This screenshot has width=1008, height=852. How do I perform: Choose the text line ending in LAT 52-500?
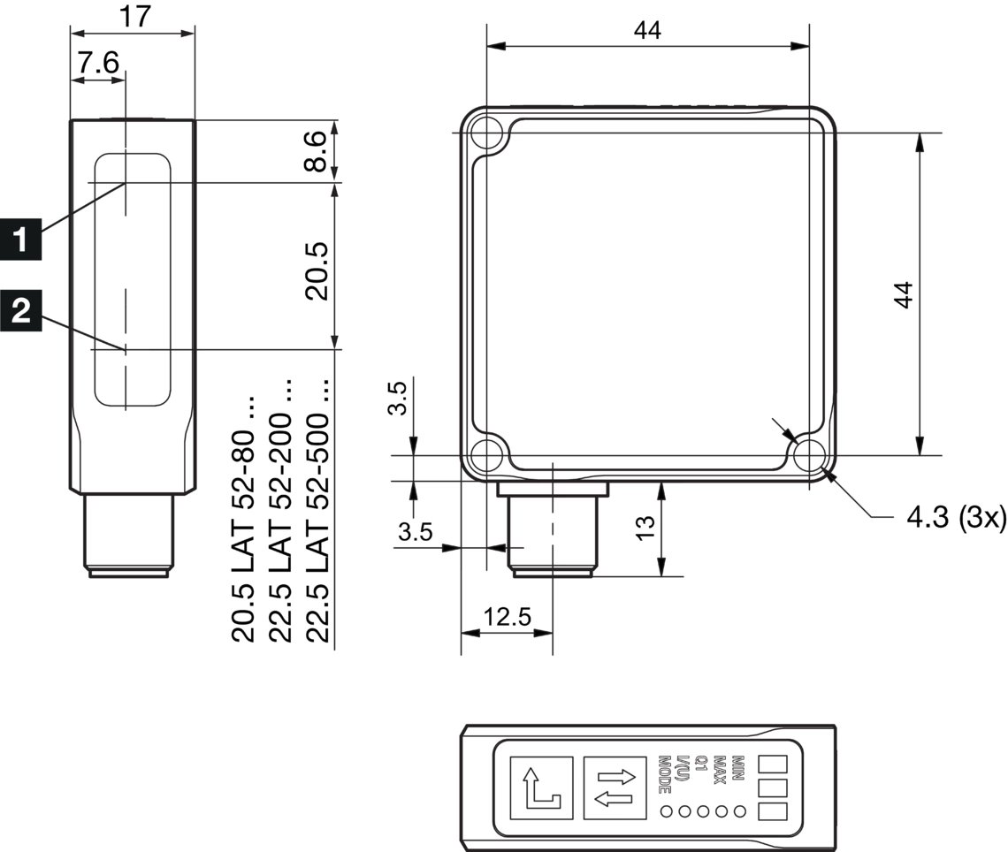point(317,513)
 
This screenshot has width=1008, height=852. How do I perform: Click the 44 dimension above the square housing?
point(647,30)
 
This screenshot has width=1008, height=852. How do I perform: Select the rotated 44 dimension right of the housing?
point(903,294)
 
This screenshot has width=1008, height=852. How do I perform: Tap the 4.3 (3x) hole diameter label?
point(956,517)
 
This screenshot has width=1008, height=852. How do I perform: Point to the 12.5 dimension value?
point(506,616)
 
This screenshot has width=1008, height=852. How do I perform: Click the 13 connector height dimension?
point(646,527)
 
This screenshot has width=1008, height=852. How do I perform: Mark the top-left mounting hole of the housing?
point(485,133)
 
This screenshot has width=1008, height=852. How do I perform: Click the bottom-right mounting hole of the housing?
point(809,456)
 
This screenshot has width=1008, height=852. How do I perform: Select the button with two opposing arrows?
point(615,787)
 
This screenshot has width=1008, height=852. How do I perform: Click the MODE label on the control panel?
point(665,773)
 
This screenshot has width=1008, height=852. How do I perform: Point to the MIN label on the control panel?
point(738,765)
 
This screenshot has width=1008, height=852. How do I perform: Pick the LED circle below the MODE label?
point(667,811)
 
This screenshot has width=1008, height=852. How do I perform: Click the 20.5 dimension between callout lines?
point(317,270)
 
